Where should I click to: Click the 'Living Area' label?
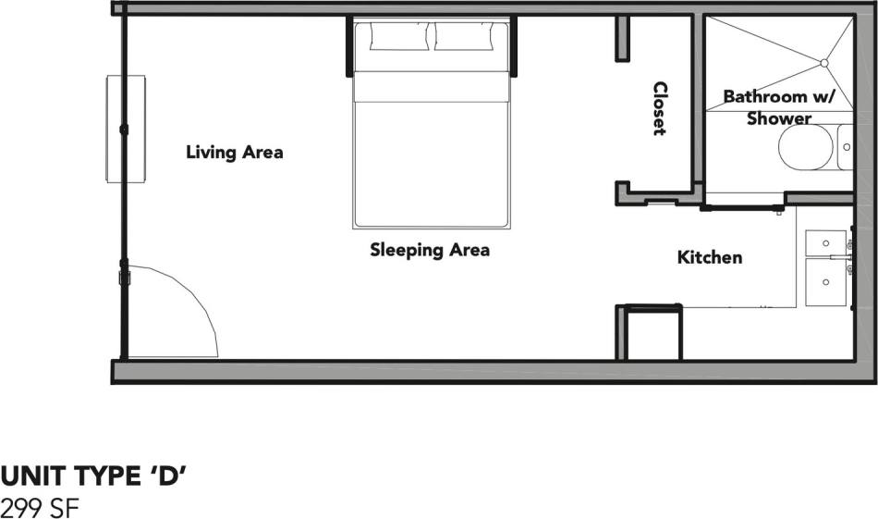tap(234, 152)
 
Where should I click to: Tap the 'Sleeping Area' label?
tap(430, 250)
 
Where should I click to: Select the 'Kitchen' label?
tap(710, 257)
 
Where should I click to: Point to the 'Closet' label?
tap(660, 108)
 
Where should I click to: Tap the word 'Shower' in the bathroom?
tap(779, 118)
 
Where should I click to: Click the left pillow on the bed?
tap(398, 37)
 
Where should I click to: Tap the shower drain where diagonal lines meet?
tap(823, 63)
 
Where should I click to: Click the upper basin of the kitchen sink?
tap(824, 242)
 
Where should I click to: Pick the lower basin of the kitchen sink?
tap(824, 282)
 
